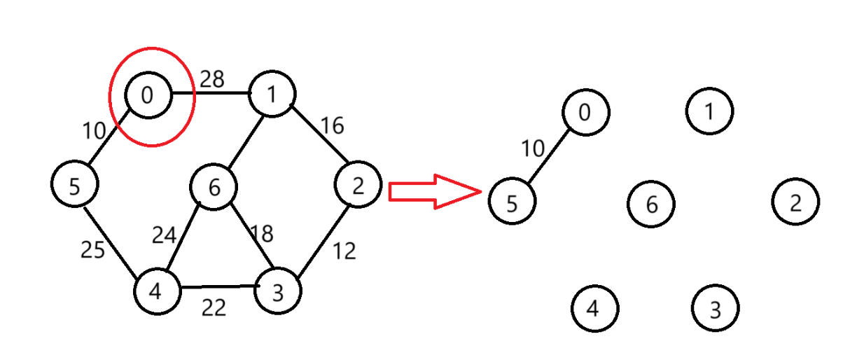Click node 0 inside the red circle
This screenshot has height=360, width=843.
(x=148, y=94)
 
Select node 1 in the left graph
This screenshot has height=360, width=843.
(x=272, y=94)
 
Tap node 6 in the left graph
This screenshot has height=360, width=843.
(x=214, y=187)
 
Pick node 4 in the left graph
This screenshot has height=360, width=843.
(x=157, y=290)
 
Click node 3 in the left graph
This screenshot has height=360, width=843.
(x=278, y=291)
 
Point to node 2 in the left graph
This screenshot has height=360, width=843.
(x=358, y=186)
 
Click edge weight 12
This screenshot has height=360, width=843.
(x=344, y=250)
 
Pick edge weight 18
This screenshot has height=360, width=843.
(x=261, y=233)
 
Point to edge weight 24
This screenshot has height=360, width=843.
(x=166, y=235)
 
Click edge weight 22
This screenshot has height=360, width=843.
(x=214, y=307)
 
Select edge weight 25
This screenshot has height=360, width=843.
(x=92, y=249)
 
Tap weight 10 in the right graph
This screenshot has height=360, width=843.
(x=533, y=148)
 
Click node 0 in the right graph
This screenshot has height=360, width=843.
(x=586, y=111)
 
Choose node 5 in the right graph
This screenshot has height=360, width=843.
(x=512, y=202)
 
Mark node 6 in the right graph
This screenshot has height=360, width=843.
(x=651, y=204)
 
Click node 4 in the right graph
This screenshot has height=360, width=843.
(x=594, y=309)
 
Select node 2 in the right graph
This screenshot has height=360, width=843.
(x=795, y=202)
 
